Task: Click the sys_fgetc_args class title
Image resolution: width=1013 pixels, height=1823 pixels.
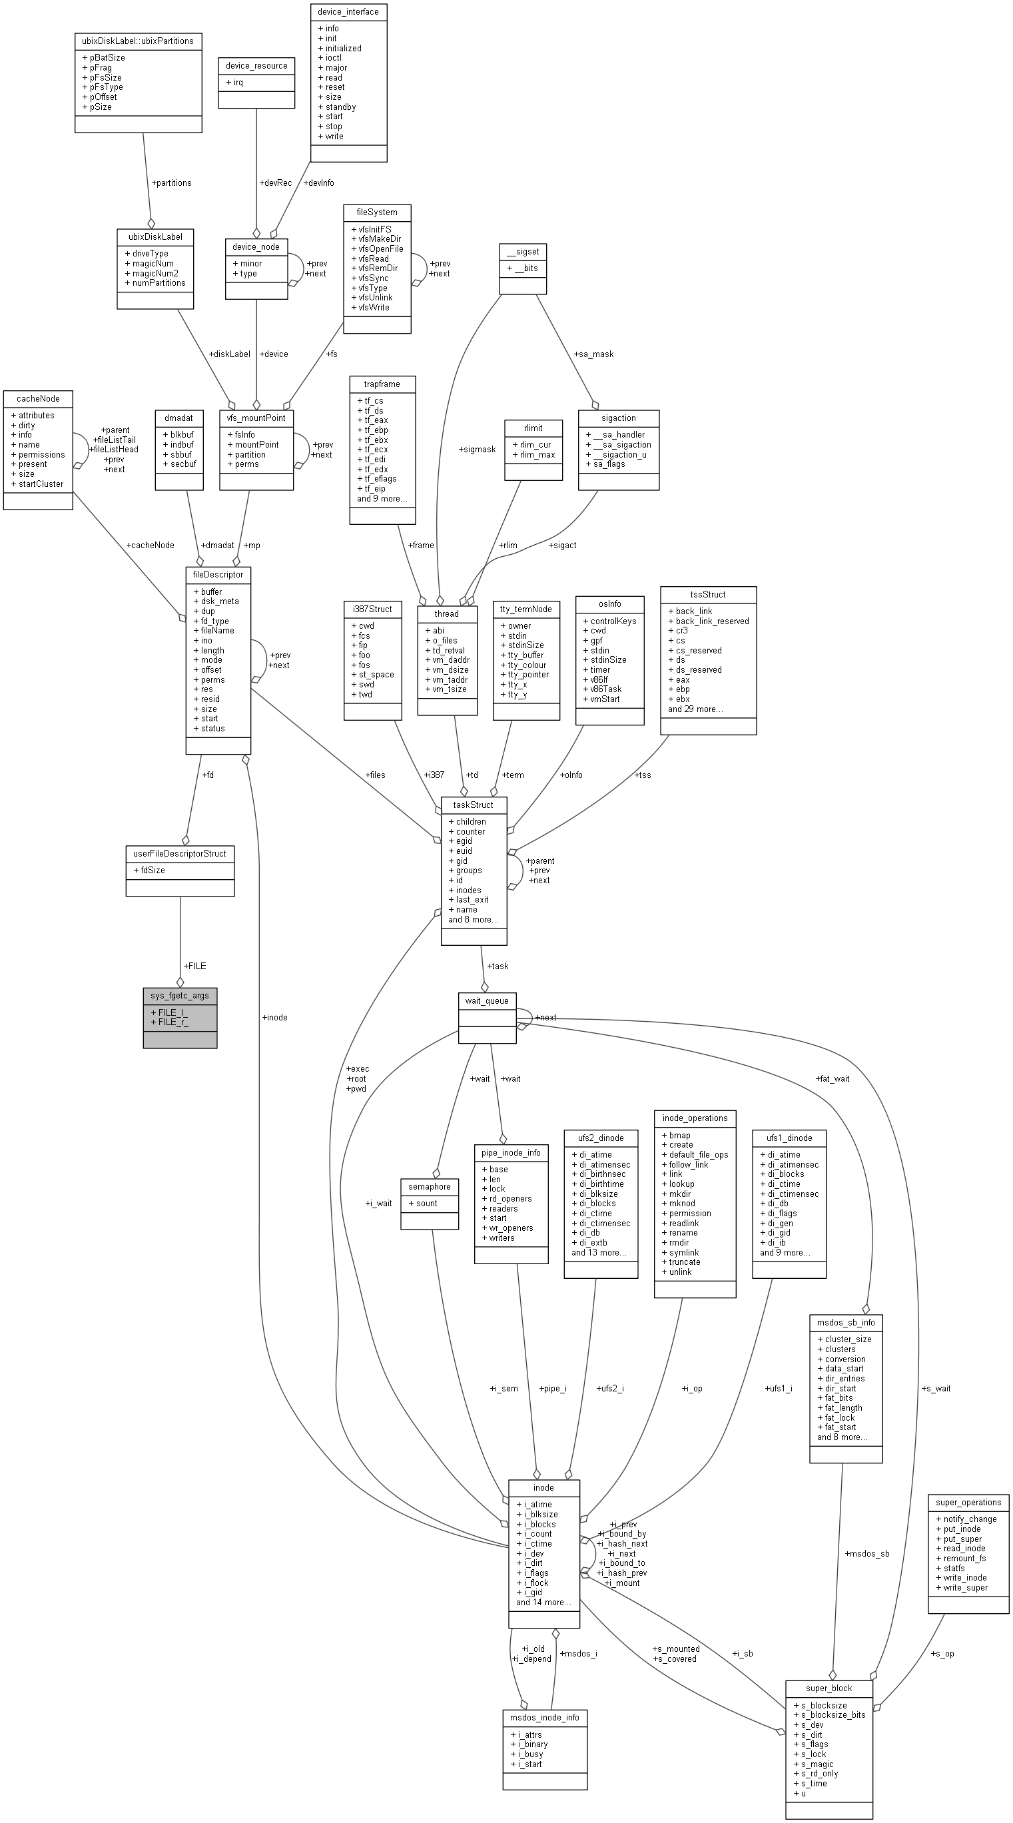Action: pos(180,996)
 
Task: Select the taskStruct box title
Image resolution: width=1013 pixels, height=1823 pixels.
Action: pos(474,805)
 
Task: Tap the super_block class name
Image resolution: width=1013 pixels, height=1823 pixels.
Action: pos(829,1688)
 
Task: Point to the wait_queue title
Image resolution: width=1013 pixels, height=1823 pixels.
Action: pos(487,1000)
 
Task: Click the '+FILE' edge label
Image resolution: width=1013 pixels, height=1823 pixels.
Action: pos(194,966)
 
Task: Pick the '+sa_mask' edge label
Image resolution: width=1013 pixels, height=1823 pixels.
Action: pos(593,354)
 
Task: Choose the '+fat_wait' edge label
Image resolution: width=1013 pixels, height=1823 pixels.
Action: pos(832,1078)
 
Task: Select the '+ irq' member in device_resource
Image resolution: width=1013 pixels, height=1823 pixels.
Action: pos(234,83)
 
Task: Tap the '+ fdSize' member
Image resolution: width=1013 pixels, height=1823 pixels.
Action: pos(149,871)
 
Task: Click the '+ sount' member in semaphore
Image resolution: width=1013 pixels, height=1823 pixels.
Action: pos(423,1203)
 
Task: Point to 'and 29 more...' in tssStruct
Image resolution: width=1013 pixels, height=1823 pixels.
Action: pos(695,709)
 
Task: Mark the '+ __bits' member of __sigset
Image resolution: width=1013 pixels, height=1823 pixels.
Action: pos(523,268)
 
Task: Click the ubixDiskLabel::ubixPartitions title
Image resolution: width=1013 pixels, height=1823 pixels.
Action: pos(138,41)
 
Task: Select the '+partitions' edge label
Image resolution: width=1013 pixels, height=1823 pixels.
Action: pos(171,182)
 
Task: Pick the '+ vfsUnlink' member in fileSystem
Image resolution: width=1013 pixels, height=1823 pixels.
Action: pos(372,297)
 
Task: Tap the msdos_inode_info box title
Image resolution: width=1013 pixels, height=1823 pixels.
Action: pos(545,1717)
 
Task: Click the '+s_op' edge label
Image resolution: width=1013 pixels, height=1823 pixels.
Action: pos(944,1653)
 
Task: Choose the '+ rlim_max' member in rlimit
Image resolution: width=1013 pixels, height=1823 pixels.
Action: pos(534,454)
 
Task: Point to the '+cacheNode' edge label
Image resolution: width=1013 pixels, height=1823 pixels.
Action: pos(150,545)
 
